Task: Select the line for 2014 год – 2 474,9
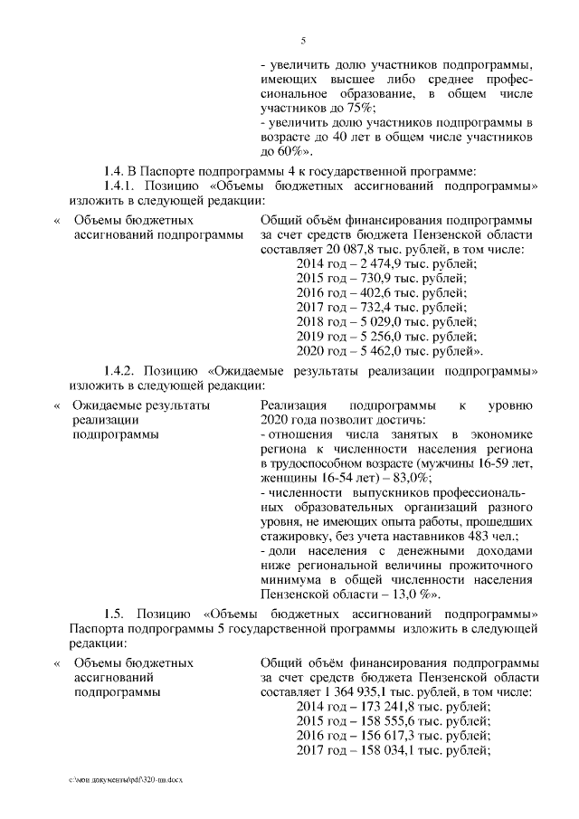[x=386, y=263]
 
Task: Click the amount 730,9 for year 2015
[x=374, y=278]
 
